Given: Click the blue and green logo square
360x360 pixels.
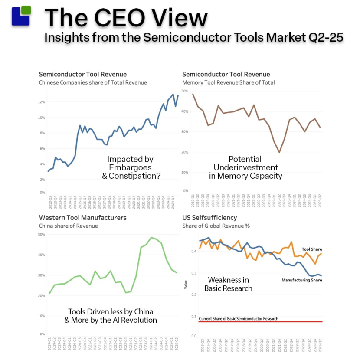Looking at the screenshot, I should tap(21, 16).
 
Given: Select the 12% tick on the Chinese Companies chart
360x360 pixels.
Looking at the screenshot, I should tap(42, 102).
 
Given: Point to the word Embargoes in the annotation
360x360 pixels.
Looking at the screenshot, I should tap(130, 167).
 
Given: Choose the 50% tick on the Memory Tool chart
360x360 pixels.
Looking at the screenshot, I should tap(185, 91).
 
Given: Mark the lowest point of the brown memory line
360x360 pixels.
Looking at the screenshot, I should tap(279, 152).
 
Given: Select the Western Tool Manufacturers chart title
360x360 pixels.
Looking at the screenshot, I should tap(82, 217).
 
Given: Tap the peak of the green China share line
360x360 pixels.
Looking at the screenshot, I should tap(151, 237).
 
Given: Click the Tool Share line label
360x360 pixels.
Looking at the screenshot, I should tap(312, 249).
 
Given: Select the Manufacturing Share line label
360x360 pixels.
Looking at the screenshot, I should tap(301, 280).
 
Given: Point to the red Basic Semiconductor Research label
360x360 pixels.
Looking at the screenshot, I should tap(238, 319).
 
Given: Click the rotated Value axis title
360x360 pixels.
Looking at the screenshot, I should tap(186, 285).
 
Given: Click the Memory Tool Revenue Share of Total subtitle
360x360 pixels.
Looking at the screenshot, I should tap(229, 82).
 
